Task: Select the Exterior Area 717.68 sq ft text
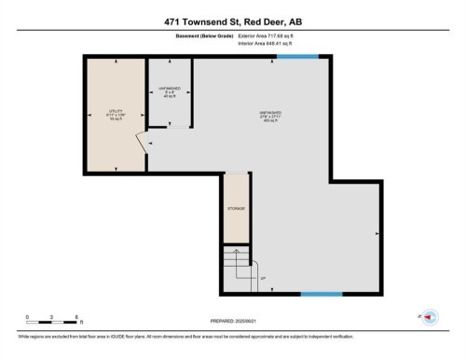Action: coord(272,35)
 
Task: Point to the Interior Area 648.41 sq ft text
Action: coord(271,43)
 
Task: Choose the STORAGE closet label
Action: coord(236,208)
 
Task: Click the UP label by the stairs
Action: coord(263,279)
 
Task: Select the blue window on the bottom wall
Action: coord(321,295)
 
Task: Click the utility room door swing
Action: coord(141,145)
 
